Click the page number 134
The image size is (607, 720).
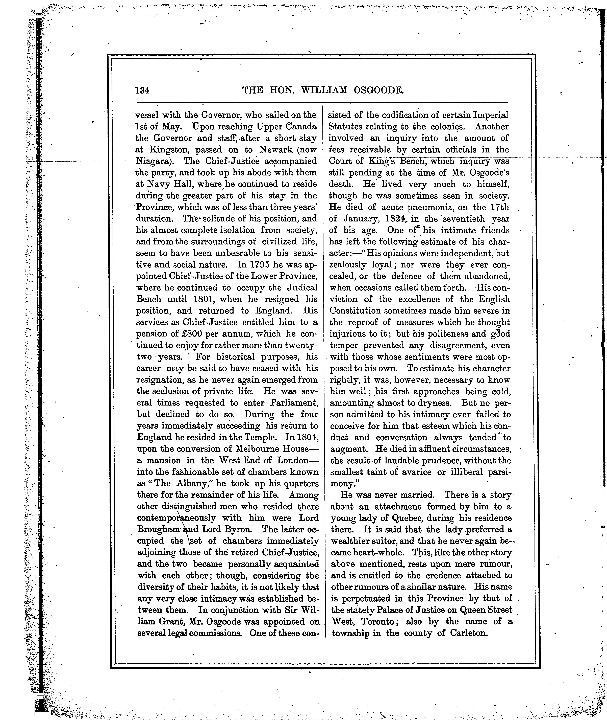[142, 91]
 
